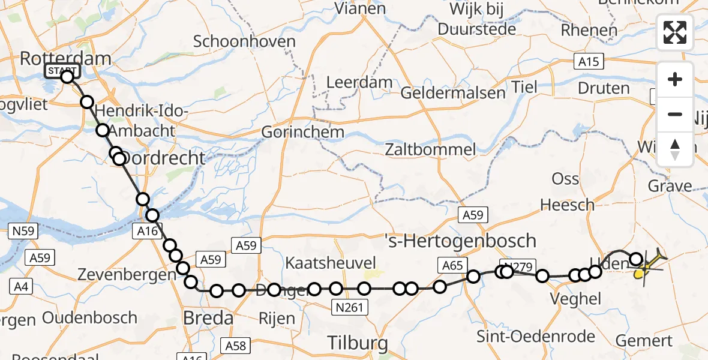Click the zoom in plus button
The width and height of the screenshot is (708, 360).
tap(675, 79)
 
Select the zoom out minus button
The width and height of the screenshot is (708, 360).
tap(675, 114)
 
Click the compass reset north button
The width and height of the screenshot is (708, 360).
tap(675, 149)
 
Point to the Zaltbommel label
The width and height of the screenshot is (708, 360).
tap(431, 149)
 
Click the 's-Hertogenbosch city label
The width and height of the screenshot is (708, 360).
tap(460, 241)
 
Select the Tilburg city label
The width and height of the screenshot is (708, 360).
tap(358, 343)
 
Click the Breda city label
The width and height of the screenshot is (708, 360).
tap(208, 317)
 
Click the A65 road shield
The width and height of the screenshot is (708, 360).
tap(452, 265)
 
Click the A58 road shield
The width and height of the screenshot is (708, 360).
tap(236, 346)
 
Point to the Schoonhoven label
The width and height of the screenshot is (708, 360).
tap(245, 42)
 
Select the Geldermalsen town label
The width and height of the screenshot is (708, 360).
tap(445, 94)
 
